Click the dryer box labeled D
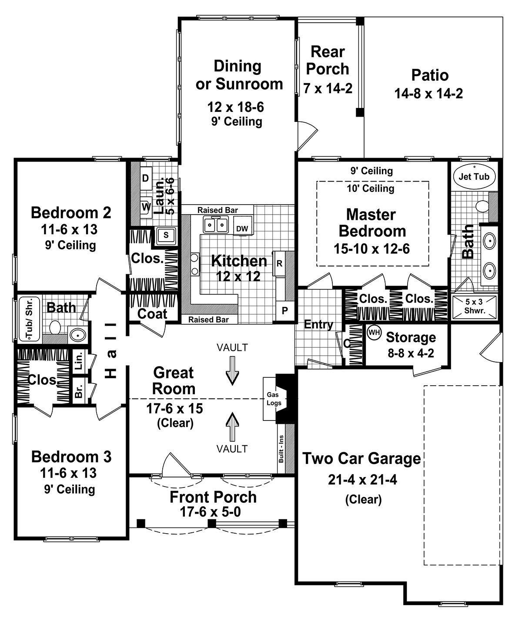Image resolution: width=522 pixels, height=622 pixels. click(146, 178)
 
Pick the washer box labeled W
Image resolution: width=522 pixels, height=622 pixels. click(146, 205)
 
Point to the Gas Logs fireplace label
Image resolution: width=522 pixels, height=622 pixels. click(274, 399)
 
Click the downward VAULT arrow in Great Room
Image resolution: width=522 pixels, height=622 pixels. click(233, 370)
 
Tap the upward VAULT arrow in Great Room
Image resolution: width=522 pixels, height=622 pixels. click(233, 425)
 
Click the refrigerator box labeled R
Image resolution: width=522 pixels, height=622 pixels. click(279, 263)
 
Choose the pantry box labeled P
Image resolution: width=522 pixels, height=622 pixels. click(285, 311)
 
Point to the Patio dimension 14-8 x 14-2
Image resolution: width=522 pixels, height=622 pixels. click(429, 94)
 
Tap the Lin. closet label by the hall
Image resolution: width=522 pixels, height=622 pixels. click(79, 361)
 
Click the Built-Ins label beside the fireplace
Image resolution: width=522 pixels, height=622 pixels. click(281, 449)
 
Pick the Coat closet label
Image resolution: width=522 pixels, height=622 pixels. click(152, 313)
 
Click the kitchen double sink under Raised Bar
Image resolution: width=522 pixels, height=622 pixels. click(216, 225)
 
